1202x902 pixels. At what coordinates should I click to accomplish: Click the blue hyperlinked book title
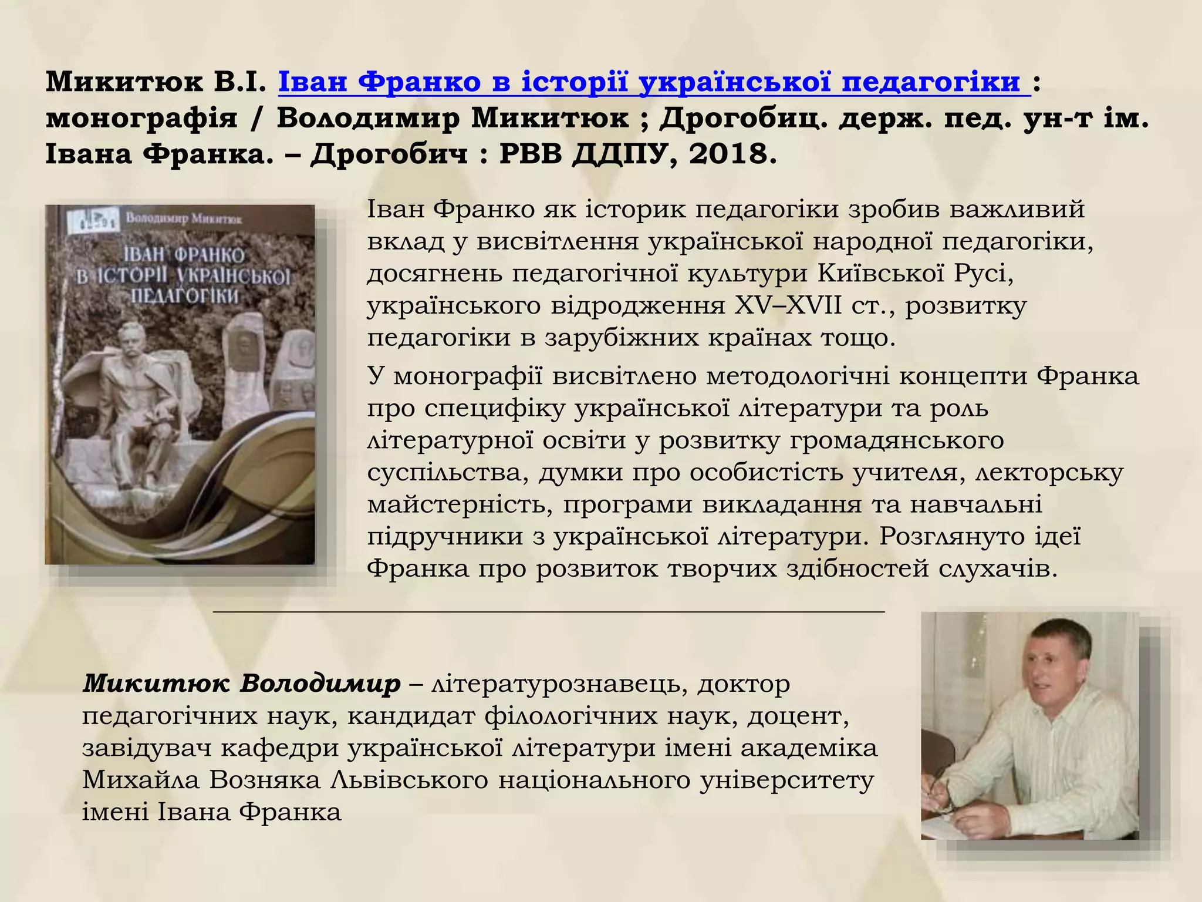[654, 83]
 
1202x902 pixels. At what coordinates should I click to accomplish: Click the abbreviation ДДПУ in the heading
[619, 154]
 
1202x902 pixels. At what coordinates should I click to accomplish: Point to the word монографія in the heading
[141, 119]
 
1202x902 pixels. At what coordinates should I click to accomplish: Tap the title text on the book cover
[184, 275]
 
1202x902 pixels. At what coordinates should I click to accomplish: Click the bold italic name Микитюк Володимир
[241, 684]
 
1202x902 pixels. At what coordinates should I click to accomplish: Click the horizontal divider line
[549, 612]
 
